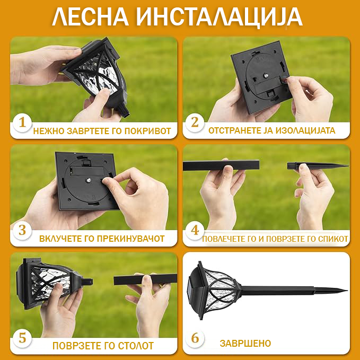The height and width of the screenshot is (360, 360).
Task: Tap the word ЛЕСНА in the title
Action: pos(90,17)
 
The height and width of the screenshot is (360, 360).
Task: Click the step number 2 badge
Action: pos(195,123)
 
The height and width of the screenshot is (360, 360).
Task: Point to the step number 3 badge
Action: pos(22,231)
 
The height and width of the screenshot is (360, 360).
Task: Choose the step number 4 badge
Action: pos(195,231)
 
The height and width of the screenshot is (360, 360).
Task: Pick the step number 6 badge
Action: pos(195,338)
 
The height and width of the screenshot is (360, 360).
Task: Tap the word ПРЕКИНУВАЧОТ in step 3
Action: pos(130,239)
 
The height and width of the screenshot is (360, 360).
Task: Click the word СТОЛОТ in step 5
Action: pos(136,346)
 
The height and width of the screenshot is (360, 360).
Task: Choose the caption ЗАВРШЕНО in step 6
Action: pos(245,344)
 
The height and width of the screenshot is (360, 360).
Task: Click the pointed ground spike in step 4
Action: pos(318,166)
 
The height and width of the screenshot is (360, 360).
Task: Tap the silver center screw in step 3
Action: pos(87,180)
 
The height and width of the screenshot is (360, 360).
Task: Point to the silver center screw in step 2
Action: pos(266,75)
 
